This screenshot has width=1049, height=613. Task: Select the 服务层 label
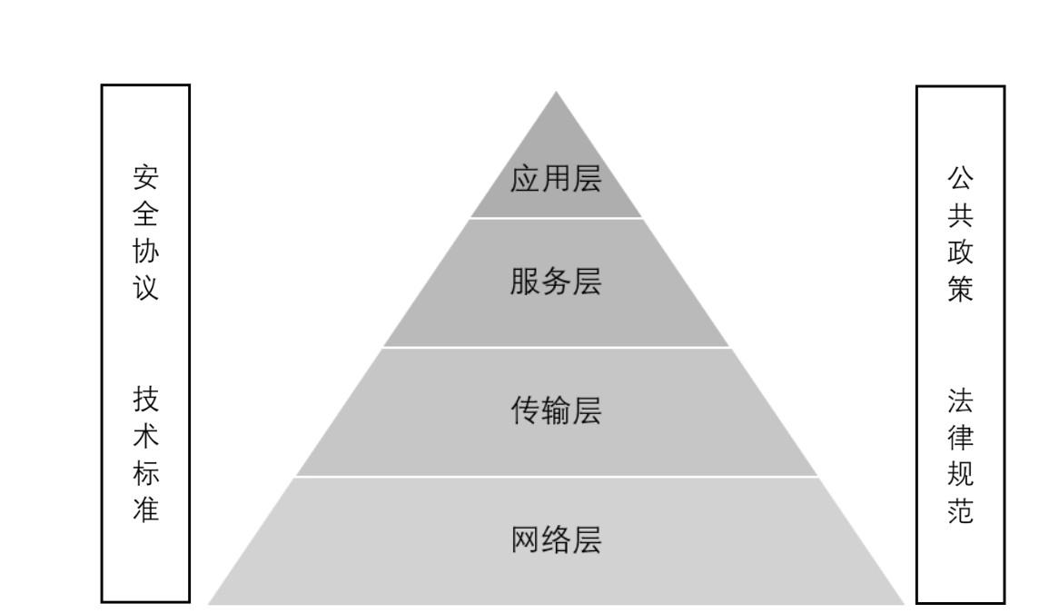click(x=556, y=282)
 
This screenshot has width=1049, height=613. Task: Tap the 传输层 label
click(x=556, y=411)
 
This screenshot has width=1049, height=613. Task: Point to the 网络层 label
click(x=556, y=540)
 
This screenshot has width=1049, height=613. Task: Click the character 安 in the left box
click(x=145, y=175)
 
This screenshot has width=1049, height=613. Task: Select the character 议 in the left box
click(x=145, y=288)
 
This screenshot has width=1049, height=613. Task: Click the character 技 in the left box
click(x=145, y=399)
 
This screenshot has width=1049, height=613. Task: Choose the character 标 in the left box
click(x=145, y=473)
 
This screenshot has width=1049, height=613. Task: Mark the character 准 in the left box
click(x=145, y=510)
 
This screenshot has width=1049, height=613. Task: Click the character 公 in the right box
click(x=960, y=176)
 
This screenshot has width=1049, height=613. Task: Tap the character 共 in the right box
click(x=960, y=213)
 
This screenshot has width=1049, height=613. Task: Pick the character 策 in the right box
click(x=960, y=289)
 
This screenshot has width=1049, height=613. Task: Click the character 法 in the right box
click(x=960, y=400)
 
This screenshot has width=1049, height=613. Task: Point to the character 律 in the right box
click(x=960, y=437)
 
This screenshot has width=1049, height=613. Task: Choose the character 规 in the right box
click(x=960, y=474)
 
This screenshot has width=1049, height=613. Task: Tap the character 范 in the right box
click(x=960, y=511)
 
